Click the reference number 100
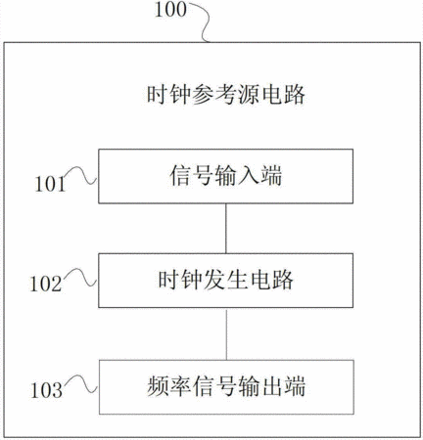(x=170, y=10)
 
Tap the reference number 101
(x=51, y=184)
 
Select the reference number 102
(x=46, y=284)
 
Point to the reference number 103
(x=46, y=390)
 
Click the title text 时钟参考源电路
(x=226, y=95)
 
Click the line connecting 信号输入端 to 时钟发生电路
(x=226, y=229)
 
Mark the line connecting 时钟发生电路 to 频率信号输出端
(x=226, y=333)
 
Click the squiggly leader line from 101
(x=82, y=175)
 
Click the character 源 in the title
(x=249, y=95)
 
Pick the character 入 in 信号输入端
(x=249, y=176)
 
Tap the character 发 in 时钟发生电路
(x=214, y=280)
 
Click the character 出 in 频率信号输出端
(x=271, y=386)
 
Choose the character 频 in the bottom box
(x=159, y=386)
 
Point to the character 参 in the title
(x=204, y=95)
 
